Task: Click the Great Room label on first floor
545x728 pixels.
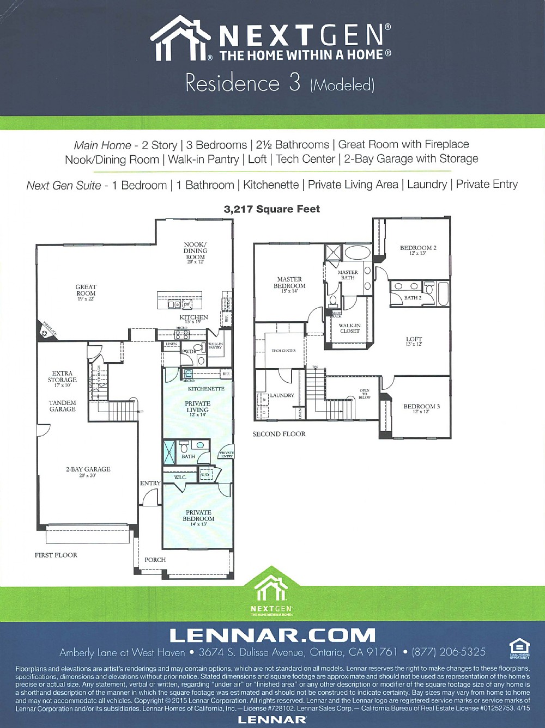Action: pos(86,290)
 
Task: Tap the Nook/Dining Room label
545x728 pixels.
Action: pos(195,251)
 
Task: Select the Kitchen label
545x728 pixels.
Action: pos(193,317)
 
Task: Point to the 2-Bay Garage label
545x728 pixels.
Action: pos(88,469)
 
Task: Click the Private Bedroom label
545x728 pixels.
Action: pos(198,516)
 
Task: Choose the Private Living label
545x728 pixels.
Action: pos(197,407)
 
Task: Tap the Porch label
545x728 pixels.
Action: pos(155,560)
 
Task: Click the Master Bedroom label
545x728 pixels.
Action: pos(289,283)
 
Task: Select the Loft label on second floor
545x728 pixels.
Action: pos(414,340)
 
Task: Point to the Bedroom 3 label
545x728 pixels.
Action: pos(421,407)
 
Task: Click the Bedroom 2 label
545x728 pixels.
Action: pos(418,248)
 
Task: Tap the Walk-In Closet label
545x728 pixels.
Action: pos(349,328)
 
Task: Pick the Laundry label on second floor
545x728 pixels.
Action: pos(282,395)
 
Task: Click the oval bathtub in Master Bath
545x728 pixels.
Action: pos(357,252)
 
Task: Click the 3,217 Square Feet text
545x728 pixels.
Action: pos(272,209)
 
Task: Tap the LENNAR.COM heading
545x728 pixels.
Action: pos(272,635)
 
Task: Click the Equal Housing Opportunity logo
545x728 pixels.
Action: pos(519,649)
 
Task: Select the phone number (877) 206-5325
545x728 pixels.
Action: pos(449,652)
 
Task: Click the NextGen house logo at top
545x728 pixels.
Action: pos(180,38)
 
